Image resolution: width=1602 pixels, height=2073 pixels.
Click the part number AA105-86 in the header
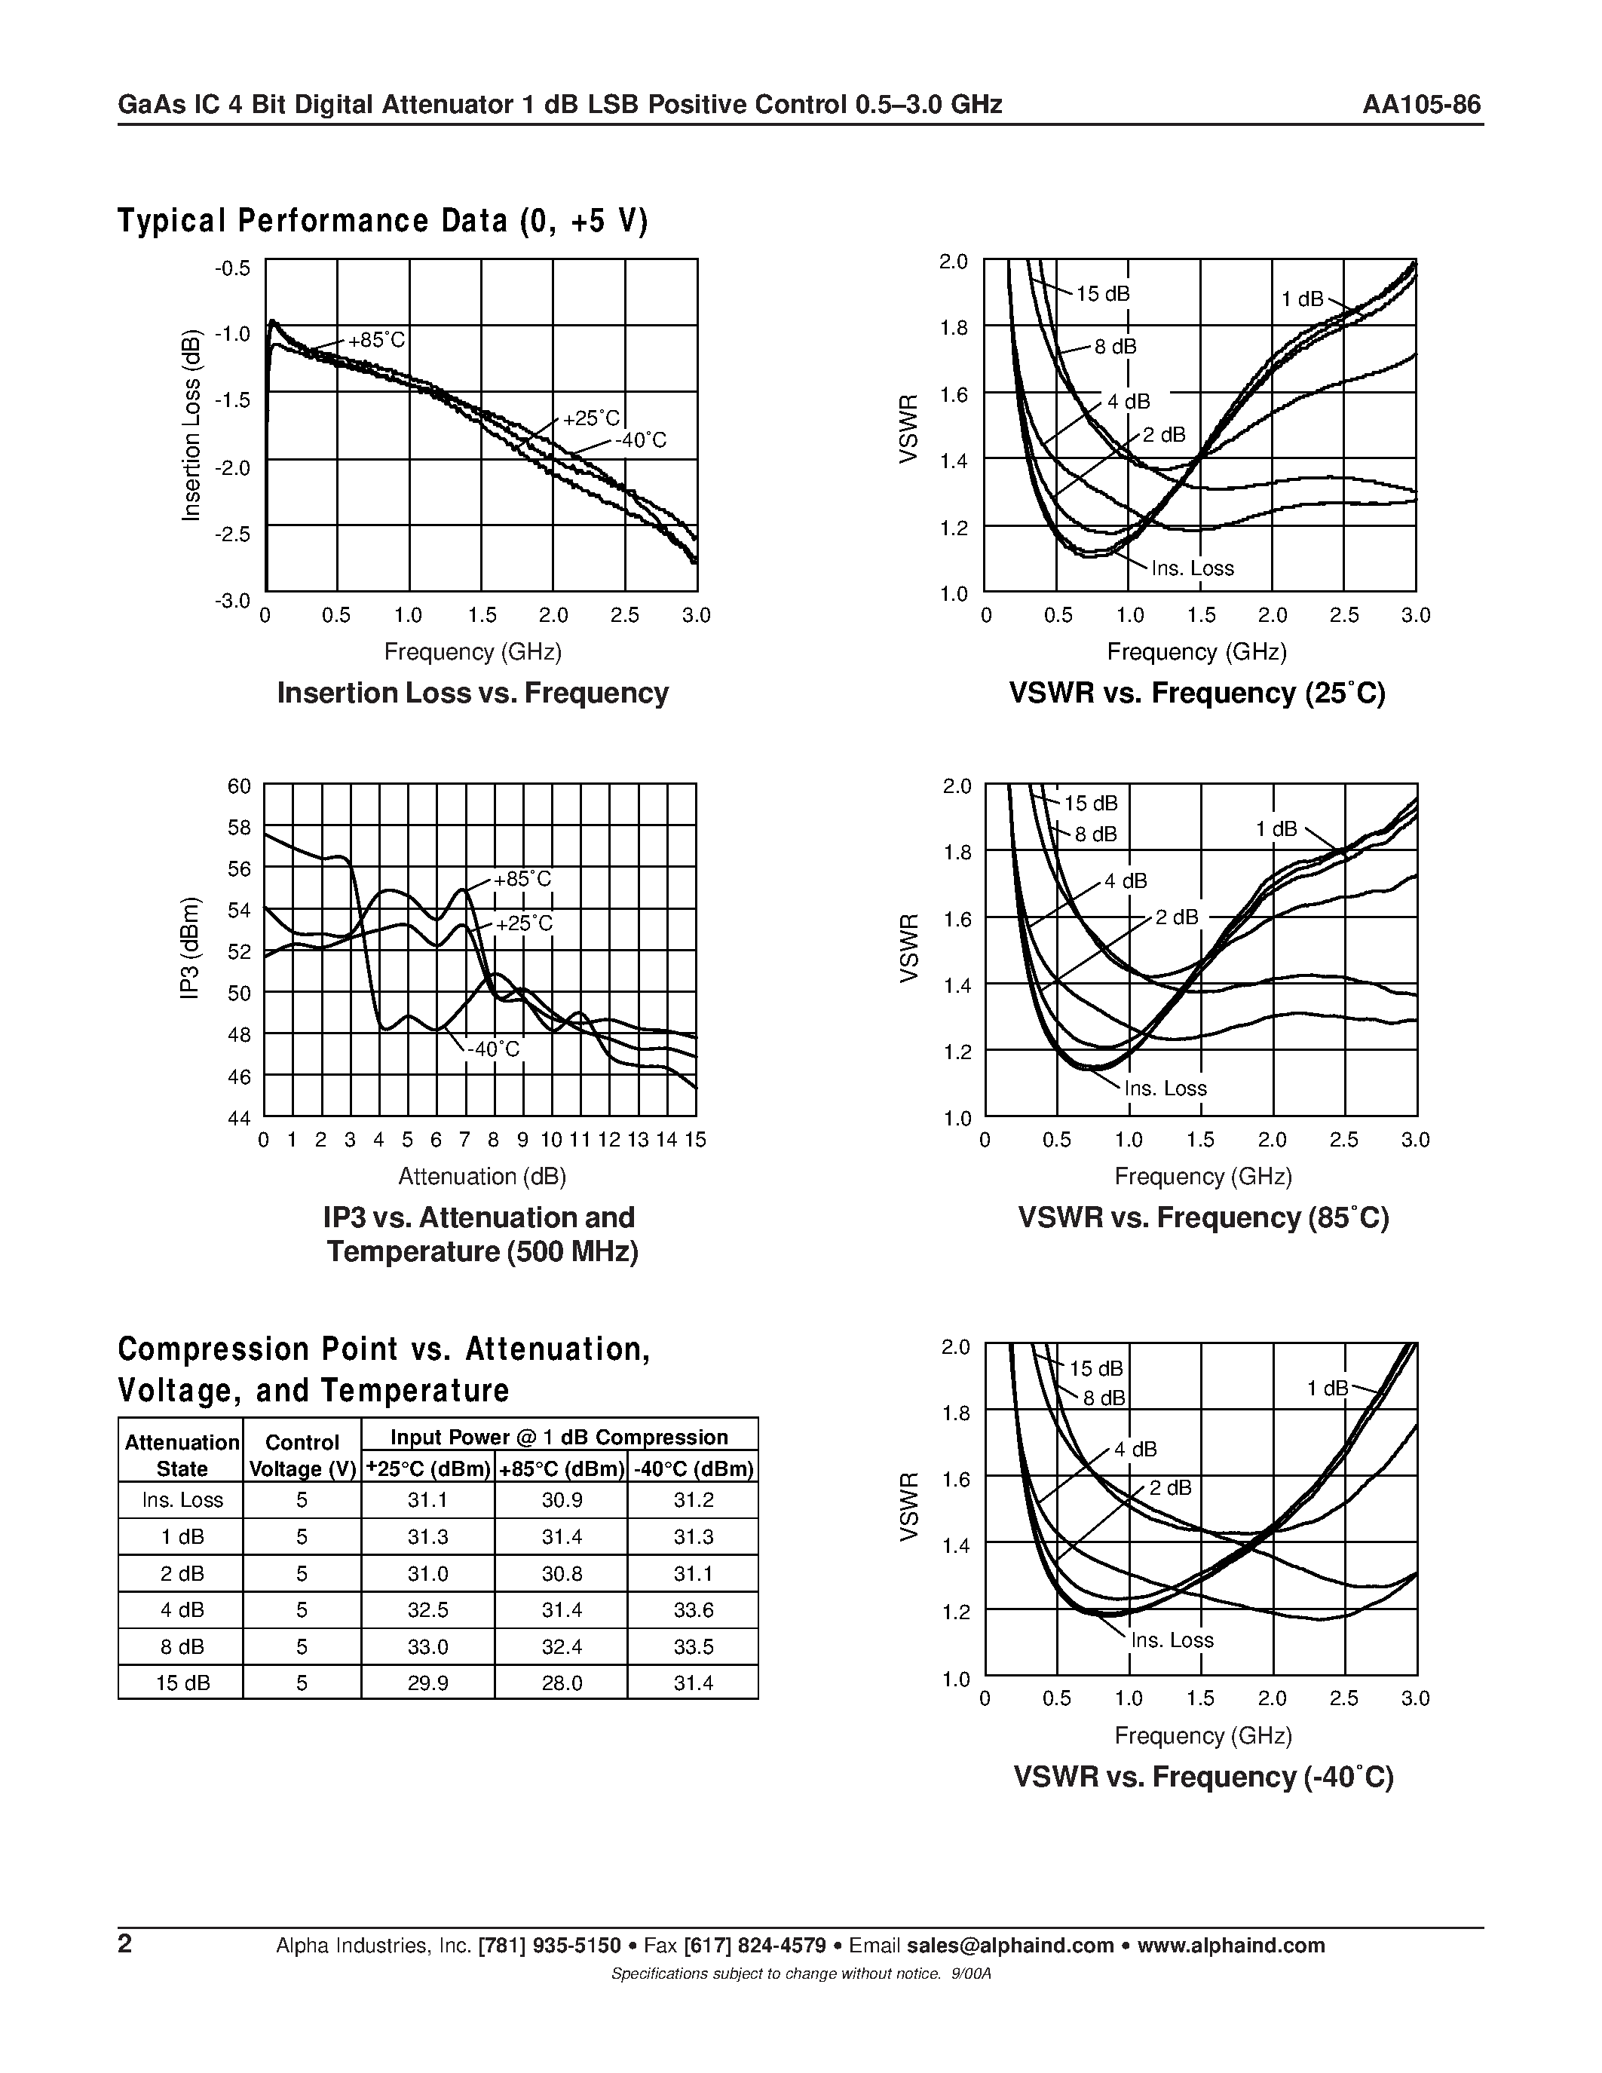pyautogui.click(x=1421, y=105)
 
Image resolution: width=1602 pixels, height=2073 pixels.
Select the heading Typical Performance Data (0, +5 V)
pyautogui.click(x=382, y=221)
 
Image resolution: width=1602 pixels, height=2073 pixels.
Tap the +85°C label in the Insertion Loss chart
pyautogui.click(x=377, y=340)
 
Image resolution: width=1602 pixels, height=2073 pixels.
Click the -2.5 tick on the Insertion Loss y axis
pyautogui.click(x=232, y=534)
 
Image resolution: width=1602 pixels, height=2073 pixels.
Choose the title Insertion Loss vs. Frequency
pyautogui.click(x=473, y=693)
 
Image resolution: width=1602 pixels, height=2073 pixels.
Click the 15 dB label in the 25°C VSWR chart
pyautogui.click(x=1103, y=294)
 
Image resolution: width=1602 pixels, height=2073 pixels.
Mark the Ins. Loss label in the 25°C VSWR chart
pyautogui.click(x=1192, y=568)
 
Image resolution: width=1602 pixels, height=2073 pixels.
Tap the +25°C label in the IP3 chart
pyautogui.click(x=524, y=923)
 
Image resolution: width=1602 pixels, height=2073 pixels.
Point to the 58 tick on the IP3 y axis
pyautogui.click(x=239, y=828)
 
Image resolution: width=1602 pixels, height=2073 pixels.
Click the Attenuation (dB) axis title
pyautogui.click(x=482, y=1176)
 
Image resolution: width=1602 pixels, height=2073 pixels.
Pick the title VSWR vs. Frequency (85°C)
pyautogui.click(x=1202, y=1217)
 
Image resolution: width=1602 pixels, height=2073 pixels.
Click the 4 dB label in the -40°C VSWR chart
pyautogui.click(x=1135, y=1450)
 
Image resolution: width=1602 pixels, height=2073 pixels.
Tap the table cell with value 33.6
pyautogui.click(x=693, y=1610)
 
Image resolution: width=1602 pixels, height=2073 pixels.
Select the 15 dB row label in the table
pyautogui.click(x=181, y=1683)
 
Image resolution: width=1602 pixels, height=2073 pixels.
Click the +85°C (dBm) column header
pyautogui.click(x=561, y=1469)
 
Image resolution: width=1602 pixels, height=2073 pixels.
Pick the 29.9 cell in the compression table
pyautogui.click(x=428, y=1683)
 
